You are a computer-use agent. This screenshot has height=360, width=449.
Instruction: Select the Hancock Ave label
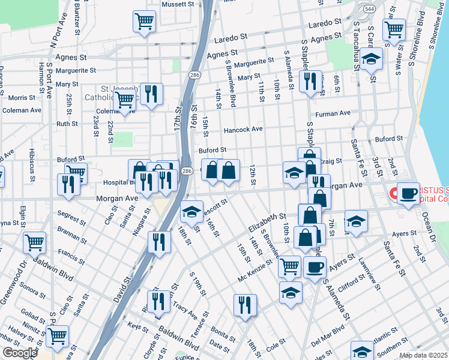243,130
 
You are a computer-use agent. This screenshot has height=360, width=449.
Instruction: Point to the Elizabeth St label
265,221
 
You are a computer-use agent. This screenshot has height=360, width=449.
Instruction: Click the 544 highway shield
370,10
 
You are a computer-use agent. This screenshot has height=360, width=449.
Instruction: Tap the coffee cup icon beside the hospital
408,193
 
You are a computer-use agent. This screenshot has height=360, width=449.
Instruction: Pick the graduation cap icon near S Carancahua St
372,59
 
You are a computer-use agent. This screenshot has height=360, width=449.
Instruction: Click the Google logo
20,353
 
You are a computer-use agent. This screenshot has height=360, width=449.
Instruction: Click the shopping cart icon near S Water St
394,29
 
